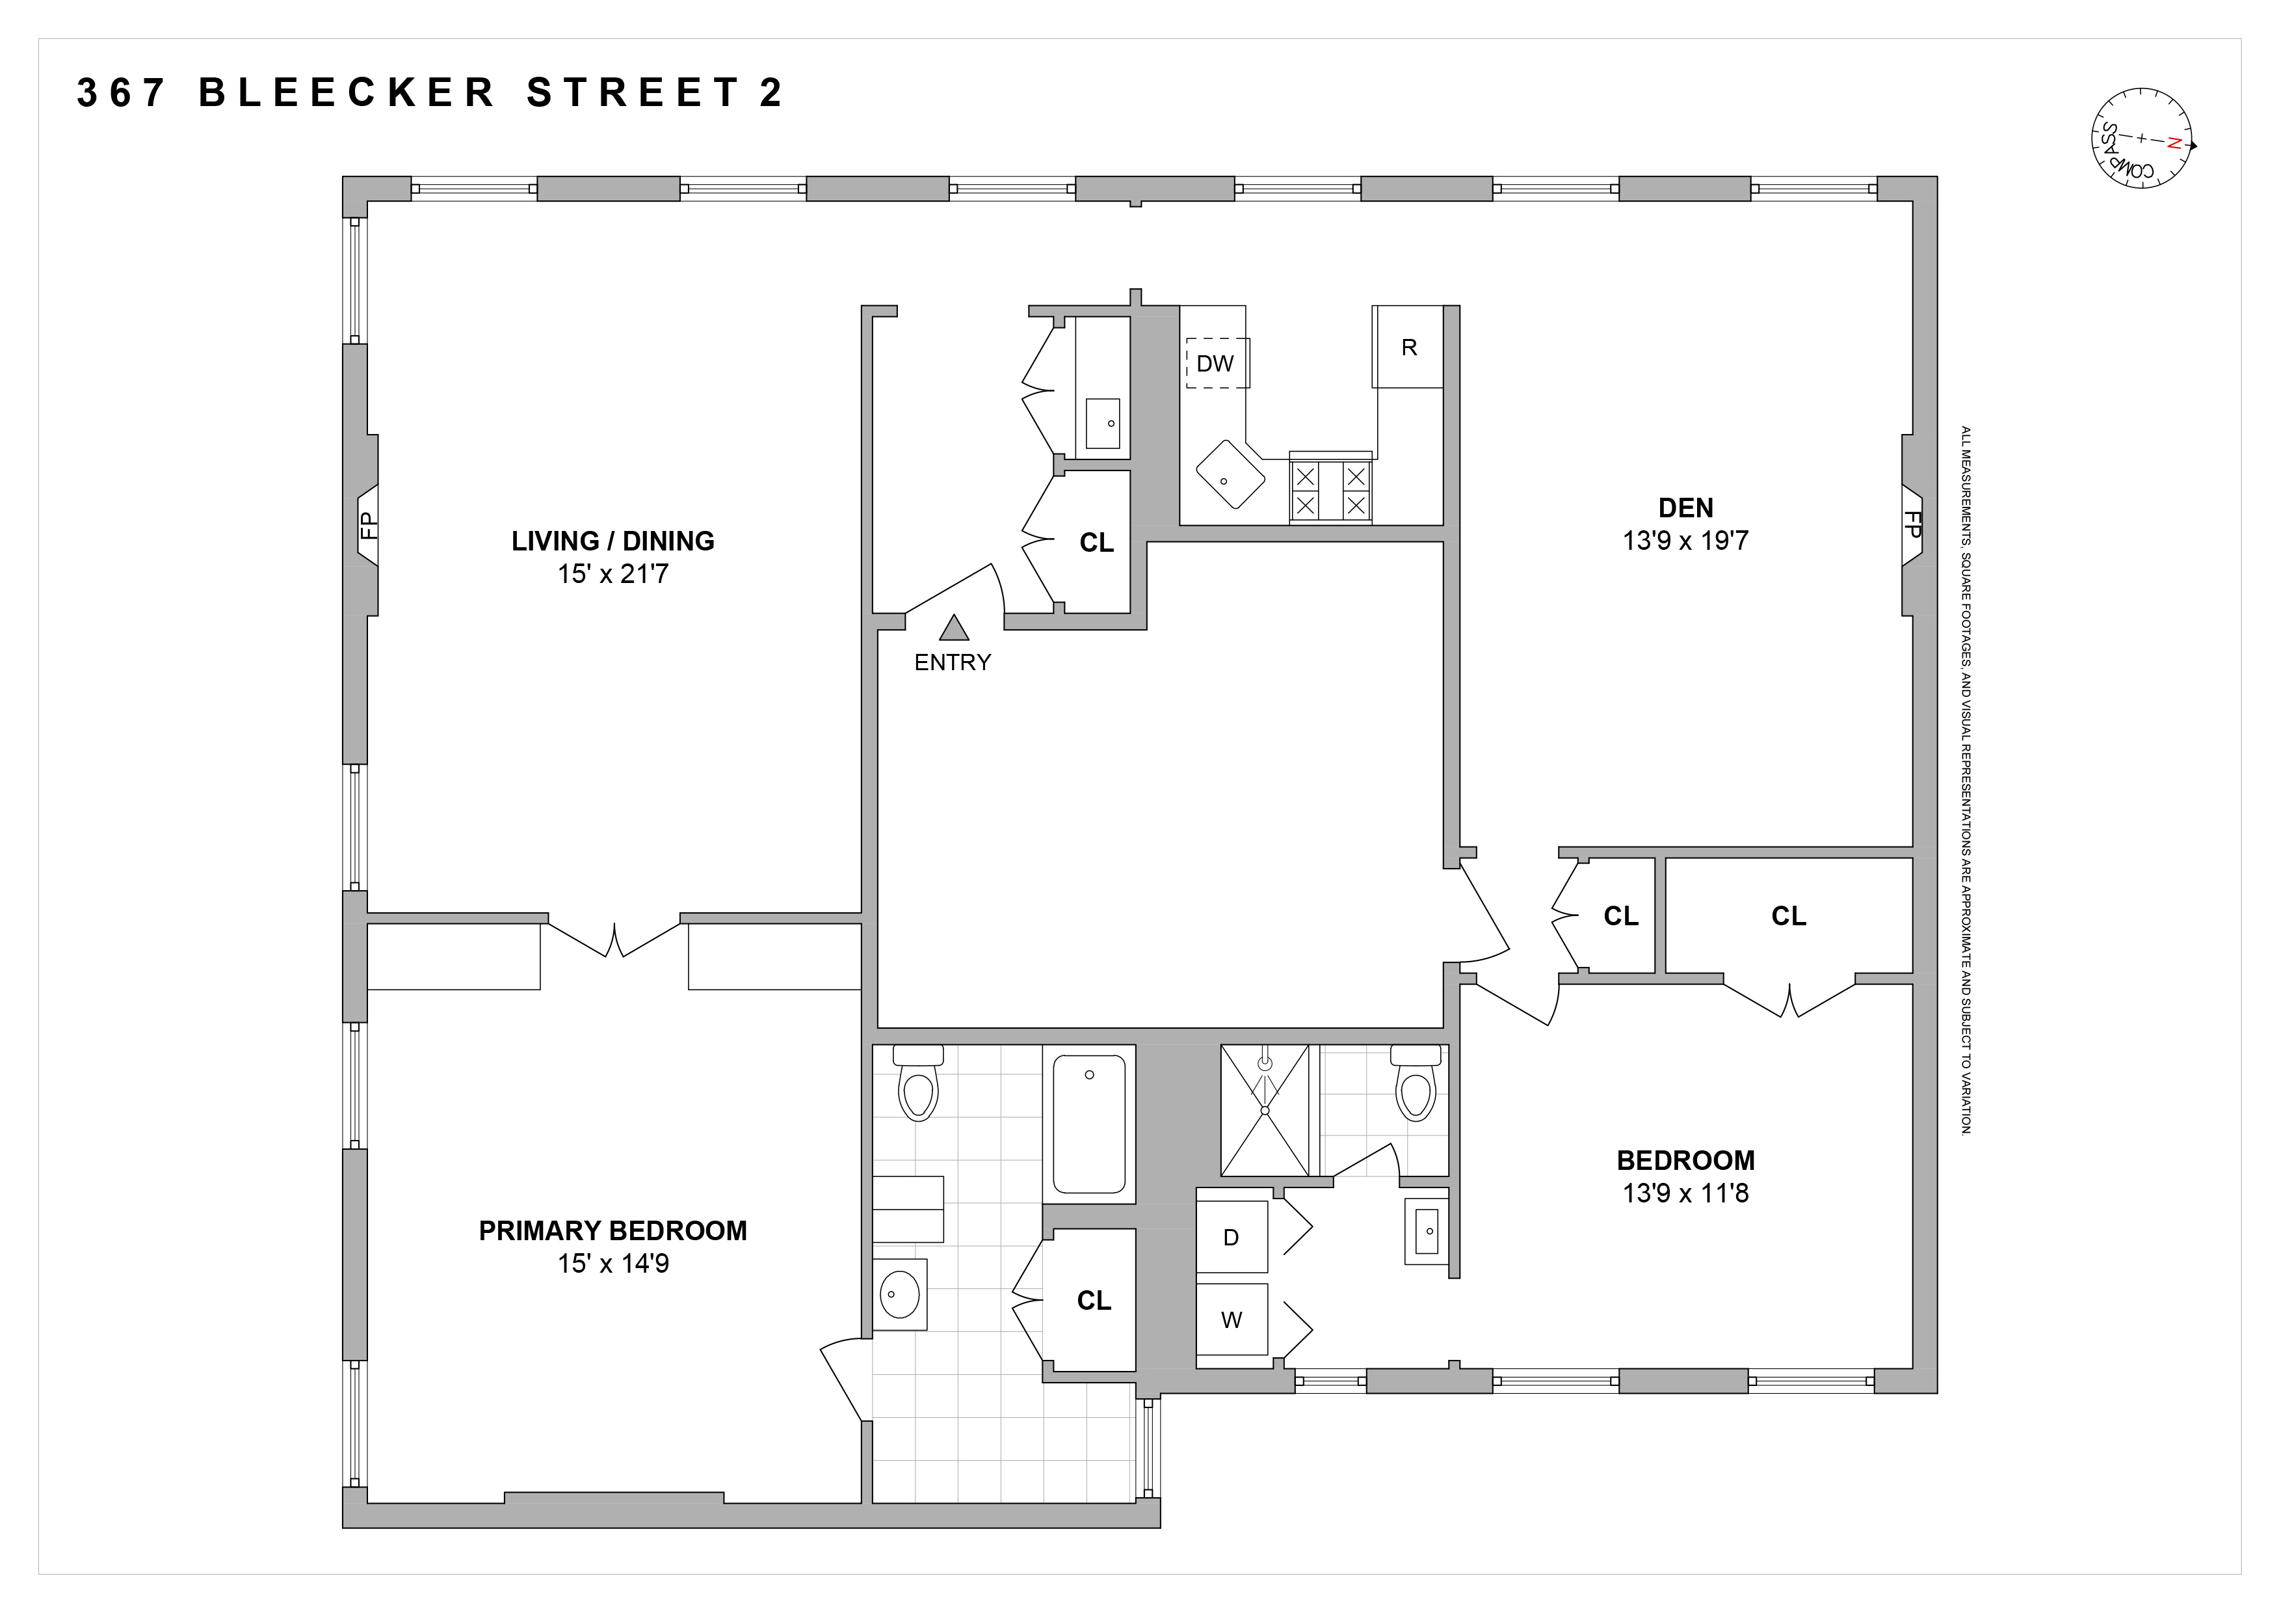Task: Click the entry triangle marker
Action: click(x=954, y=627)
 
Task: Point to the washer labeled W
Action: click(x=1232, y=1320)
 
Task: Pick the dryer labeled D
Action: click(x=1232, y=1238)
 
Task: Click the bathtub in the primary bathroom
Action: click(x=1089, y=1124)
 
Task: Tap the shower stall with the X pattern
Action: click(x=1265, y=1110)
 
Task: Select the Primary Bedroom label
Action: click(x=613, y=1230)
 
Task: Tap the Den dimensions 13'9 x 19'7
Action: click(x=1686, y=541)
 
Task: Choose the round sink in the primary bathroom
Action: click(x=899, y=1294)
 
